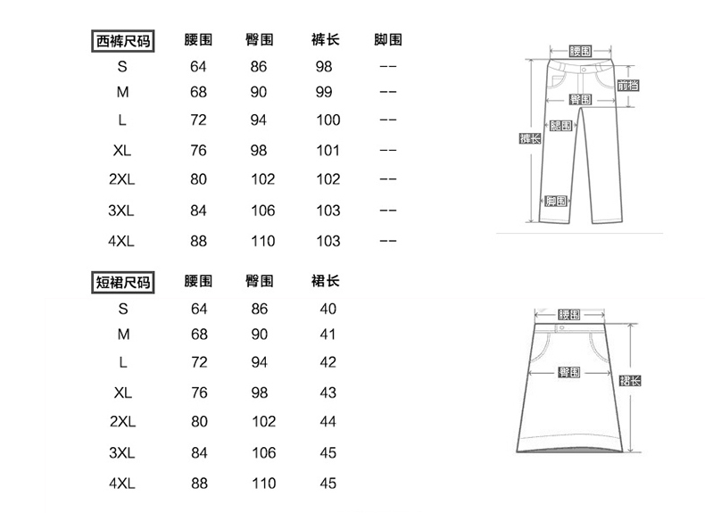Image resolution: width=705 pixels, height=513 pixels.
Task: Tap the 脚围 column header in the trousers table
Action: pos(388,41)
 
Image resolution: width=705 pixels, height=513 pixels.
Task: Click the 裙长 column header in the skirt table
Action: pos(328,283)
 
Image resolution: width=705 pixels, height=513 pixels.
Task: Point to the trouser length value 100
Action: pos(328,120)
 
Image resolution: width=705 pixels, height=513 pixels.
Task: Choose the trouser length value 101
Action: pos(328,150)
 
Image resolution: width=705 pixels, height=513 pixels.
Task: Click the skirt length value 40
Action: pos(328,309)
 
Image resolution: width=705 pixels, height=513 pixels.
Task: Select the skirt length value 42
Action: pos(328,362)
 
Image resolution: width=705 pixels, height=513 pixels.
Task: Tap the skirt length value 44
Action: pos(328,420)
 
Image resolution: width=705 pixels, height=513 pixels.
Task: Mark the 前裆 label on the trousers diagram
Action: pos(628,86)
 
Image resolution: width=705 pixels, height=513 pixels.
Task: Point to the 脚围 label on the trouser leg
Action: pos(556,201)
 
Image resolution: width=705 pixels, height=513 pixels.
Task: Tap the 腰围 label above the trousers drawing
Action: pos(581,50)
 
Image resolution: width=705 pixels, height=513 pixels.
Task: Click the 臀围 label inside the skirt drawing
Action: pos(569,372)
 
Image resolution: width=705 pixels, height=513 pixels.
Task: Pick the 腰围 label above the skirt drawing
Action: pos(568,315)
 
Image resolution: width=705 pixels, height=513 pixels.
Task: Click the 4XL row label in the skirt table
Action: pos(122,484)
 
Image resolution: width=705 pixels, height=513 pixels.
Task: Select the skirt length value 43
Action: pos(328,393)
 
